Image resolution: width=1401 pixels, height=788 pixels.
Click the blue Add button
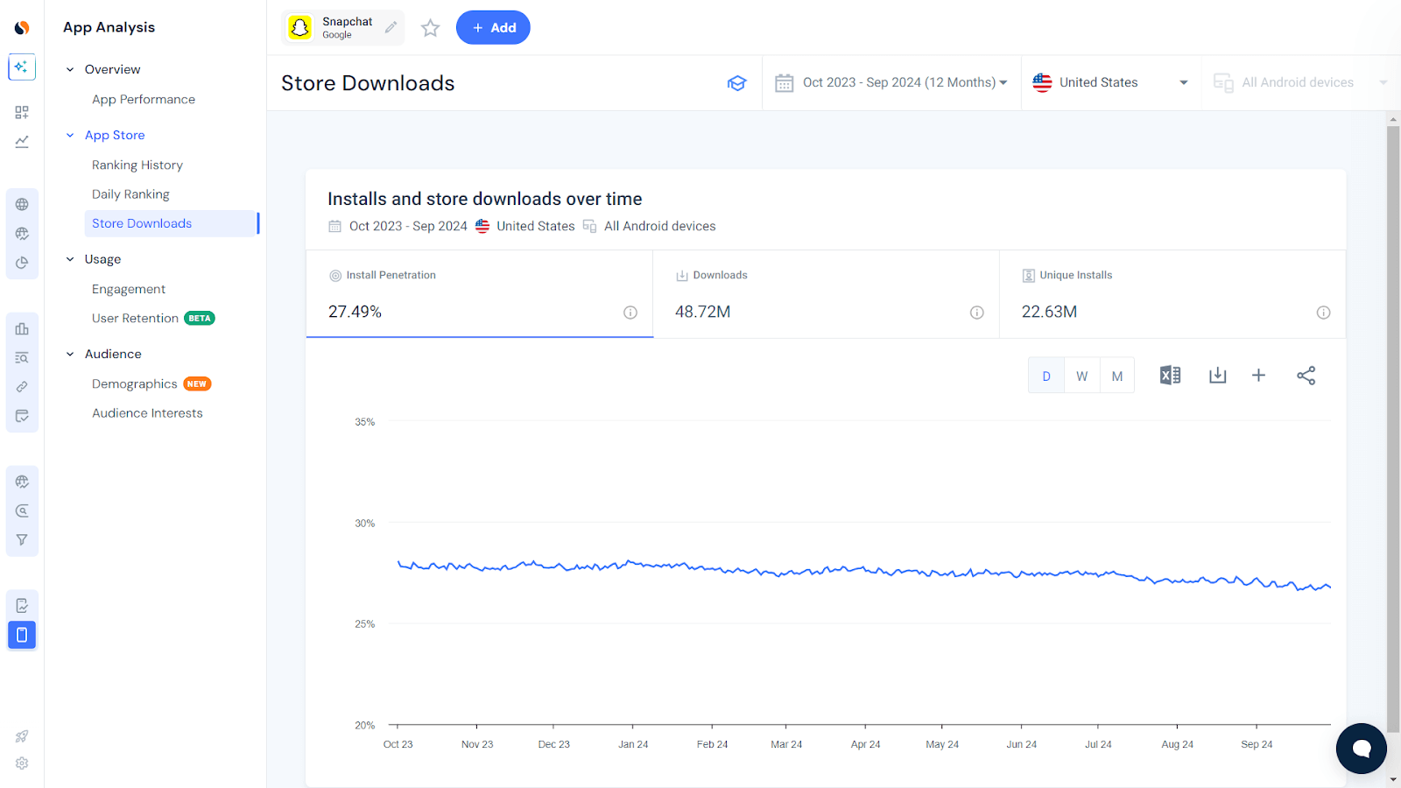point(493,28)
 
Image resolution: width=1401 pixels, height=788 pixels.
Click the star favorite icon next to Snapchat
point(430,28)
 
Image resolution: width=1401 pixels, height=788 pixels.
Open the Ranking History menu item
point(137,165)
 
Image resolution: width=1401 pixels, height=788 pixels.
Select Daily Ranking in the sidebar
point(130,194)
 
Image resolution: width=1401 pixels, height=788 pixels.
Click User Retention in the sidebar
point(135,318)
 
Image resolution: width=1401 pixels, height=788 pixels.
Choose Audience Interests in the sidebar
point(147,413)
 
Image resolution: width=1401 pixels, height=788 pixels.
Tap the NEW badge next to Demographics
point(197,383)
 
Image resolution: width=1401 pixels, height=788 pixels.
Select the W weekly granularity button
point(1082,376)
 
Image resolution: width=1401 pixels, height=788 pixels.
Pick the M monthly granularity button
point(1117,376)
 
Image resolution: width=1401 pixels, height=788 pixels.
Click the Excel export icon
point(1170,376)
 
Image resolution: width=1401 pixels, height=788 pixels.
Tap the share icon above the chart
point(1306,376)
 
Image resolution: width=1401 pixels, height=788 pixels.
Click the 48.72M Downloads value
point(702,312)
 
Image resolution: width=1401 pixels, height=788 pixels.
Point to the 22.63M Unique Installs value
point(1049,312)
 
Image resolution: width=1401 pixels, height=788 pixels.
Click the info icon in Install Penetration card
point(630,313)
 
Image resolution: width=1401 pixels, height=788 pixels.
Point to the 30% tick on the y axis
point(364,524)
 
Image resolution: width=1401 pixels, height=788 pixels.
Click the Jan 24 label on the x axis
point(633,744)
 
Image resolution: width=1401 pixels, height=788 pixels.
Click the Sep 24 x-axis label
point(1257,744)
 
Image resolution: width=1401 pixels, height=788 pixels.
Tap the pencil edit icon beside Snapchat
point(391,27)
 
